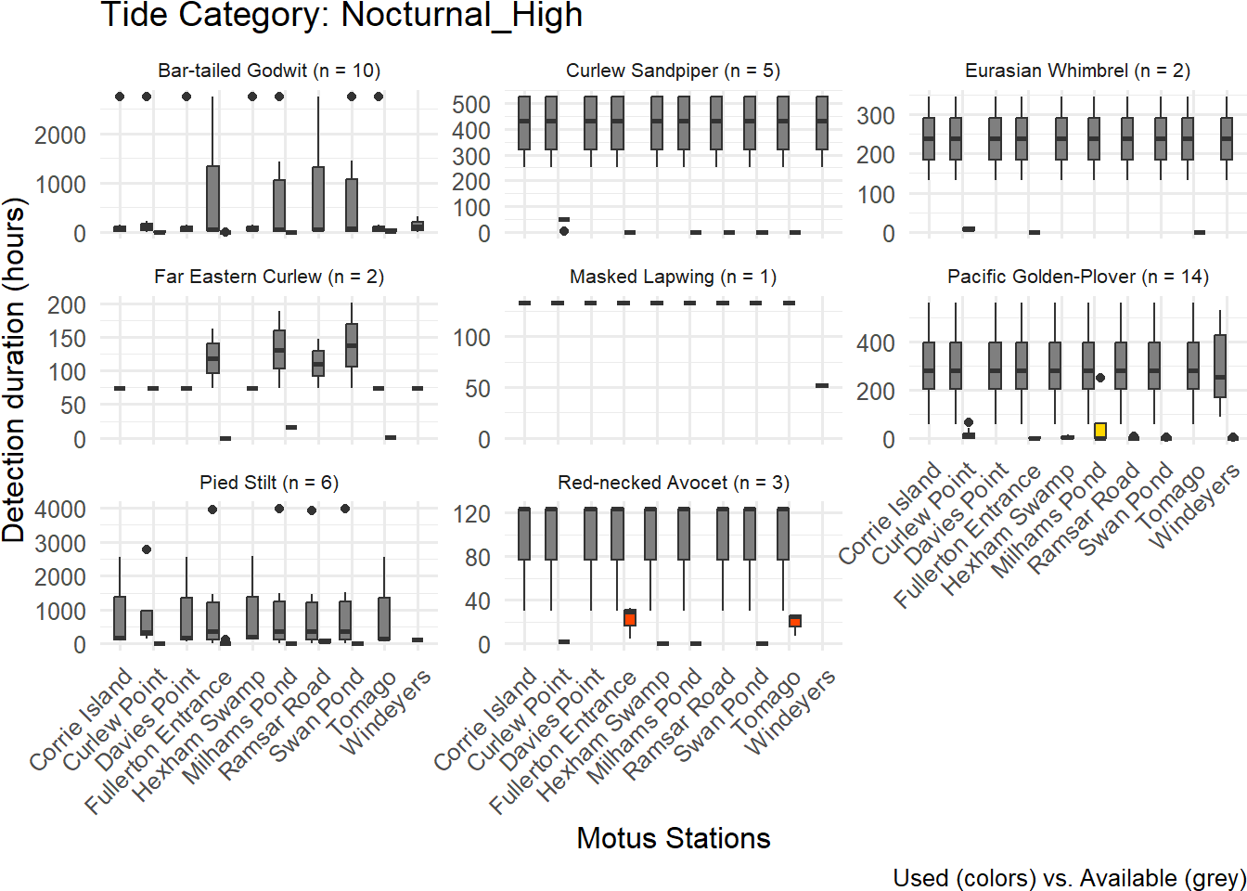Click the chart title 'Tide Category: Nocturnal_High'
point(341,15)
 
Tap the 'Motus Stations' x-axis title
point(674,838)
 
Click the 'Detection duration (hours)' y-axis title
point(14,369)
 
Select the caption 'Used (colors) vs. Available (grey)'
point(1069,878)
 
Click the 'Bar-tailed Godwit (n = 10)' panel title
point(269,71)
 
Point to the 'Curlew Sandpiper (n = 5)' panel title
point(673,71)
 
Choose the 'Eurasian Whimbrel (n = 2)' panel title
point(1077,71)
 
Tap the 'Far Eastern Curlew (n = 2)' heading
point(269,277)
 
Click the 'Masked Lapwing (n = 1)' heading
point(673,277)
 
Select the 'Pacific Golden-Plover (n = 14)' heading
point(1077,277)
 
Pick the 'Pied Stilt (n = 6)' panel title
point(269,483)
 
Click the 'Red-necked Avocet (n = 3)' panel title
point(673,483)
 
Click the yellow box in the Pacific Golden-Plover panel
point(1100,430)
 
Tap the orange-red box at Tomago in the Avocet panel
point(795,621)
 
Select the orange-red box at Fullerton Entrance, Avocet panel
point(630,617)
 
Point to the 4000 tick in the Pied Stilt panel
point(60,510)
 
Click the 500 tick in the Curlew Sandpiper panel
point(471,105)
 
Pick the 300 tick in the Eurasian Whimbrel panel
point(876,116)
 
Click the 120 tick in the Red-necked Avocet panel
point(471,513)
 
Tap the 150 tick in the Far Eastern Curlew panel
point(67,339)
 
